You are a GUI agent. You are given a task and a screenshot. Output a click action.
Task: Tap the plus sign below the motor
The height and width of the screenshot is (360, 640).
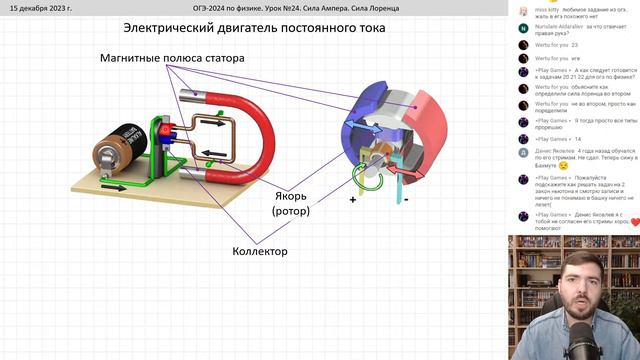coord(353,200)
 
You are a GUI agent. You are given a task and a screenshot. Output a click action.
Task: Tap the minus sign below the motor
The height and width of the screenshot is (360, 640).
coord(406,199)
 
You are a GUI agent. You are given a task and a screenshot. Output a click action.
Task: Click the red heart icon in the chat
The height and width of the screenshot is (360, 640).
coord(634,222)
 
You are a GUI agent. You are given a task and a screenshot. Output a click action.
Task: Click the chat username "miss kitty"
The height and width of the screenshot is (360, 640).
coord(547,9)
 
